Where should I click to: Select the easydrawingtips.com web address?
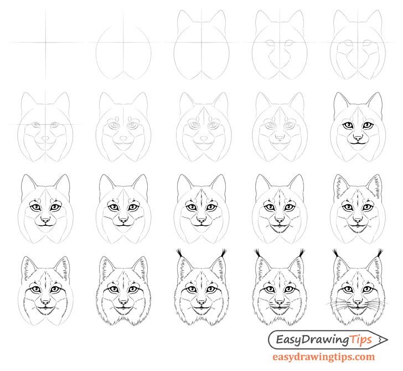click(x=324, y=357)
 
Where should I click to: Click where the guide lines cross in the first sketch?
click(x=44, y=42)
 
